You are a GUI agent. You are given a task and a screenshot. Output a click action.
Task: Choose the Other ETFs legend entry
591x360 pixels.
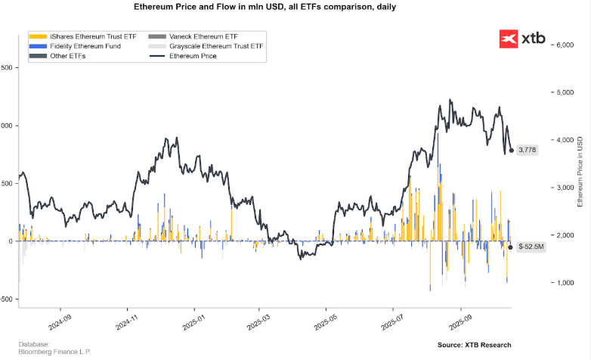pyautogui.click(x=58, y=56)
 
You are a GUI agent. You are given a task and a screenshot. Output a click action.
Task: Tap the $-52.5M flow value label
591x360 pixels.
pyautogui.click(x=531, y=247)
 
